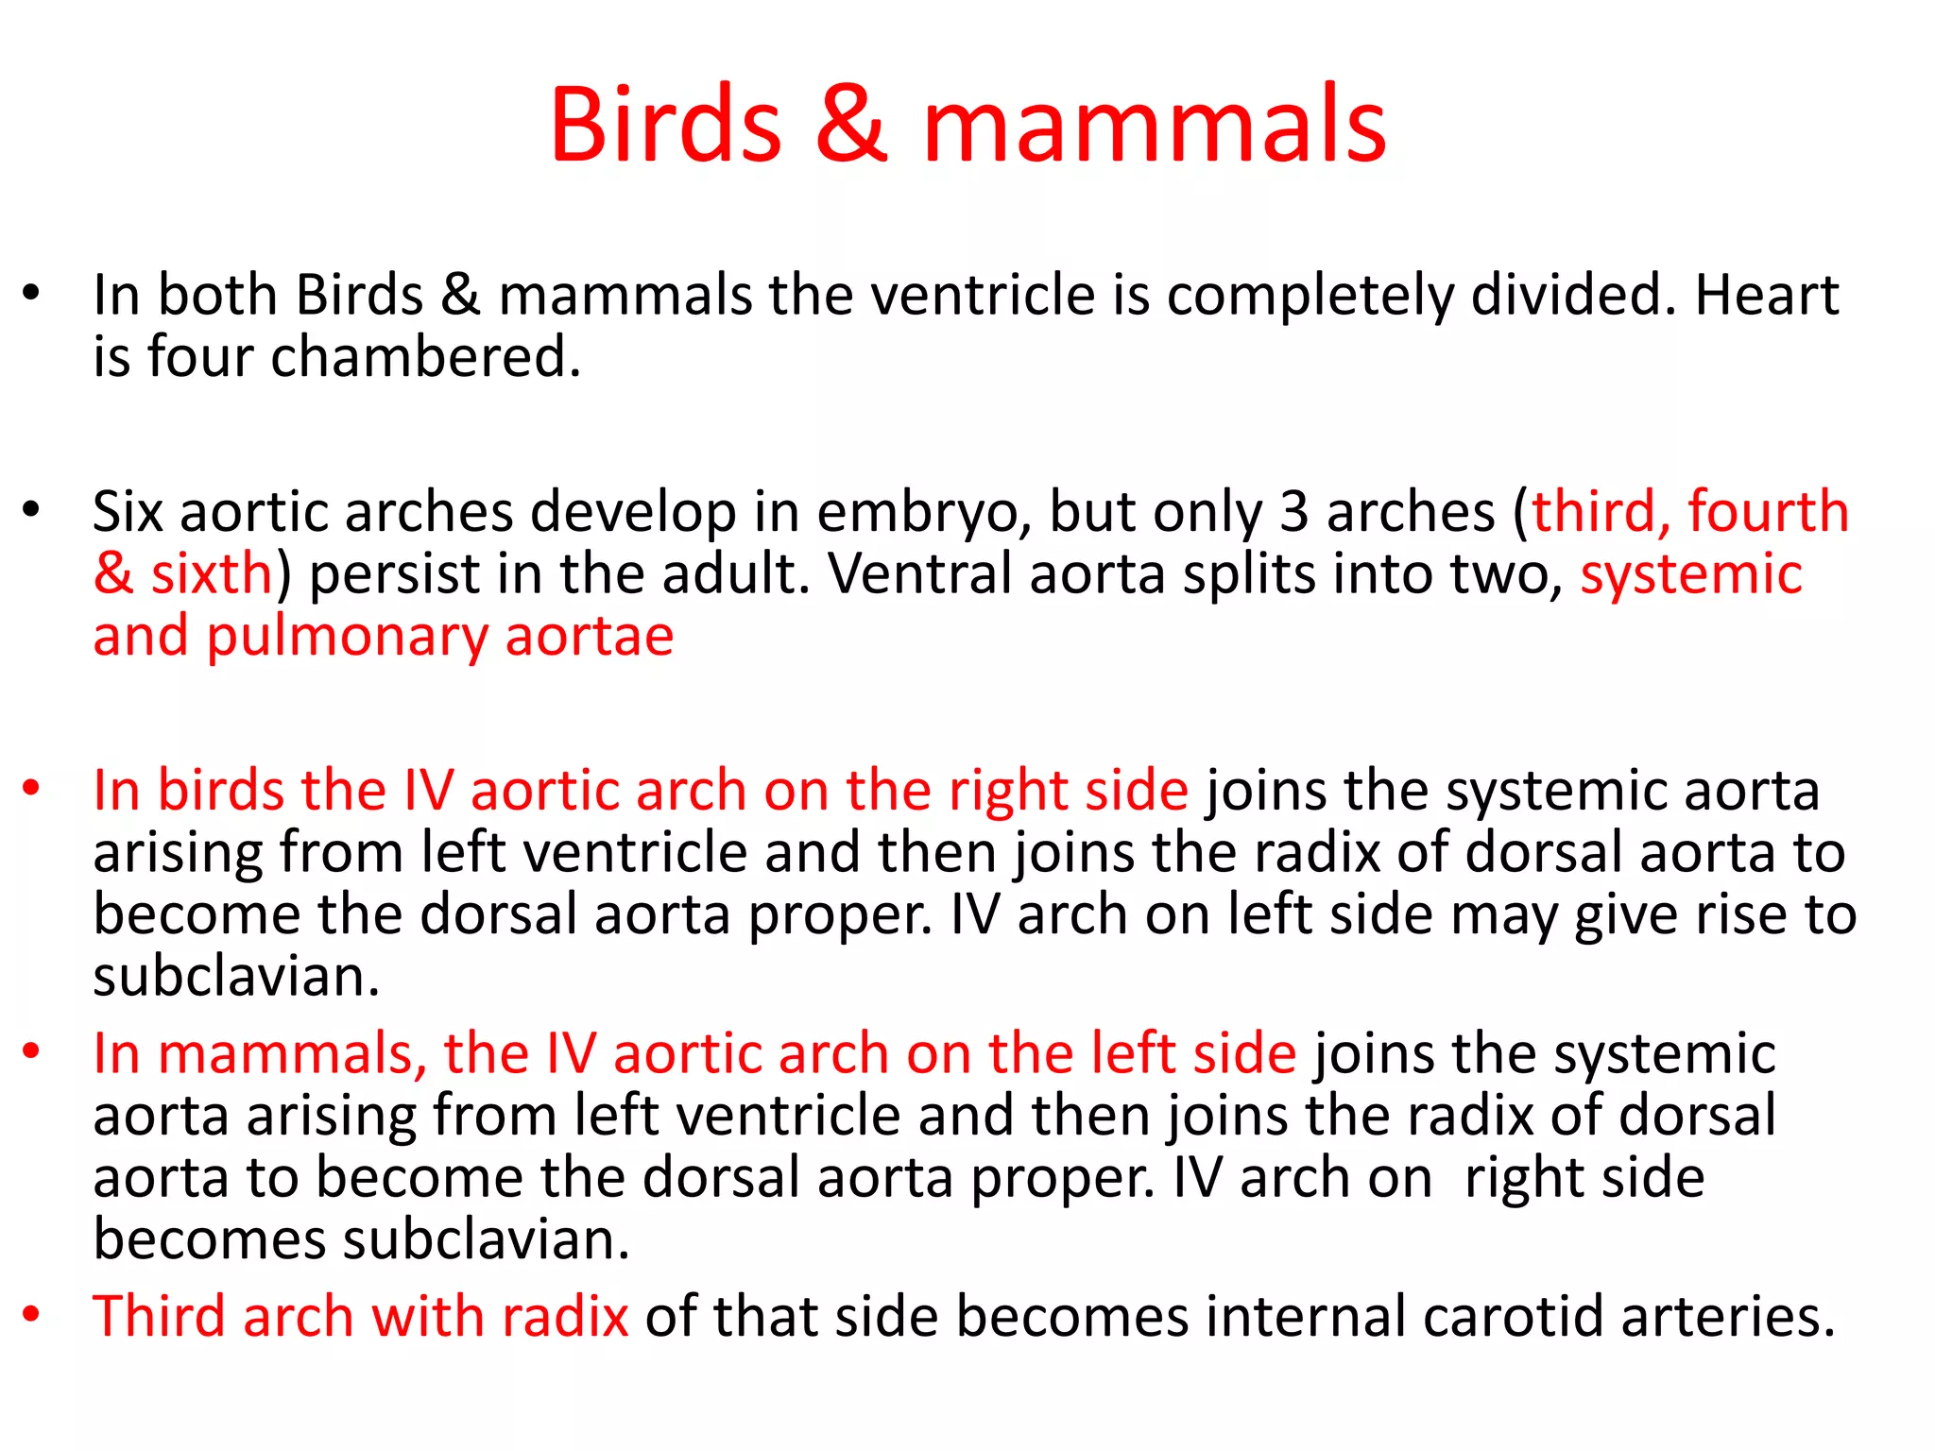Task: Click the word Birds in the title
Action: pos(666,126)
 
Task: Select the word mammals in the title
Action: pos(1155,126)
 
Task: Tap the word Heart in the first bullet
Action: pos(1767,296)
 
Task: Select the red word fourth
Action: pos(1768,513)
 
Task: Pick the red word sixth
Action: pos(212,574)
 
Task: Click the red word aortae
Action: pos(590,637)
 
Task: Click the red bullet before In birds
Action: pos(32,789)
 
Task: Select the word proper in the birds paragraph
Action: pos(840,916)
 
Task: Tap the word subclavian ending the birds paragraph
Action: pos(236,977)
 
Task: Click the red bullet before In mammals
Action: pos(32,1051)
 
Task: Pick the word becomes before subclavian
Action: pos(209,1239)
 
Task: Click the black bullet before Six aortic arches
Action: pos(32,511)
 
